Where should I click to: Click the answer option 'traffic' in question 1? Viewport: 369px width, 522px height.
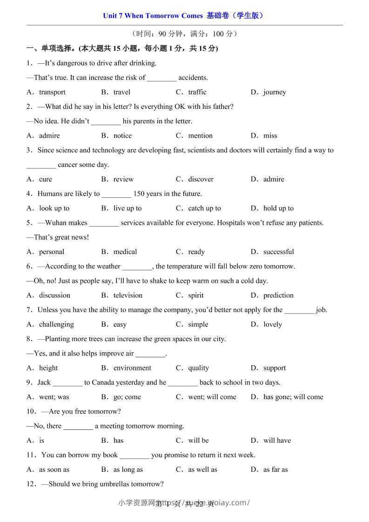197,92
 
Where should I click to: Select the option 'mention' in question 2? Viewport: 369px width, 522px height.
200,136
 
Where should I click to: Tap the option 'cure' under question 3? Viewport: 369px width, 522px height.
46,179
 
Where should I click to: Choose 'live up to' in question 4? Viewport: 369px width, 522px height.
127,208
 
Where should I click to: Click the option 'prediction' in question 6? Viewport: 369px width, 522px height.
278,295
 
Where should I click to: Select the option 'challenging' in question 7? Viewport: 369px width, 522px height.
56,324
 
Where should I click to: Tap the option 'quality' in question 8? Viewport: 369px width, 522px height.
199,368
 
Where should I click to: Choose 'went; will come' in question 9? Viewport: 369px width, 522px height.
212,397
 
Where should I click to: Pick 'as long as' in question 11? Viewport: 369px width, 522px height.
128,469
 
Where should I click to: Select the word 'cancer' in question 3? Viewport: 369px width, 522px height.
70,165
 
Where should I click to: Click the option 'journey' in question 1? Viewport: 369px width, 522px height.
275,92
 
